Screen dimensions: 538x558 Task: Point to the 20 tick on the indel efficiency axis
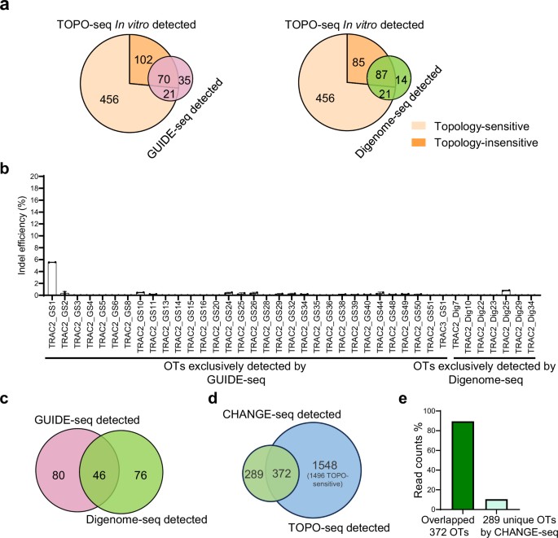tap(33, 176)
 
